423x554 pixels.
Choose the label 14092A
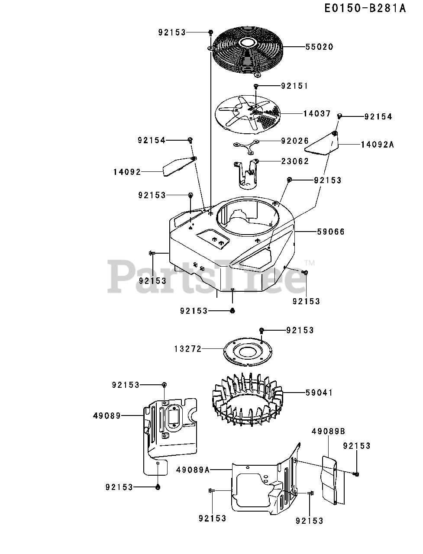pyautogui.click(x=377, y=145)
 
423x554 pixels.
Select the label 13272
pyautogui.click(x=188, y=349)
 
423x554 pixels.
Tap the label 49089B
pyautogui.click(x=328, y=431)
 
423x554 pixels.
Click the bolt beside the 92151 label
pyautogui.click(x=256, y=86)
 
